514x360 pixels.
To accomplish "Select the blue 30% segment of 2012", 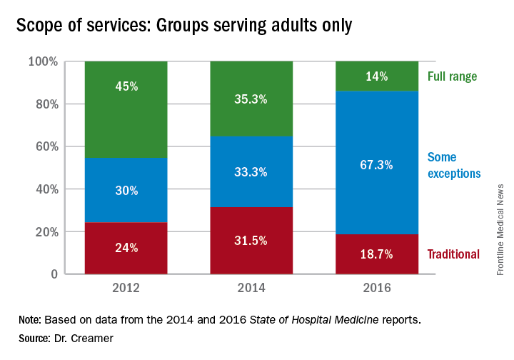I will click(x=126, y=190).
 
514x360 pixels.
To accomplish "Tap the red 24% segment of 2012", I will click(x=126, y=249).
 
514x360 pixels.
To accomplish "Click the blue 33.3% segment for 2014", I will click(x=251, y=171).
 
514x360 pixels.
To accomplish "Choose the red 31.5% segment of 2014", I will click(x=251, y=241).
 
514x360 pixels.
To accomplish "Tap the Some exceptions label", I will click(x=453, y=165).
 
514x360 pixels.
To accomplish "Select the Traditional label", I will click(x=453, y=254).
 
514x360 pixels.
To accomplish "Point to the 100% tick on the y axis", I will click(x=42, y=62).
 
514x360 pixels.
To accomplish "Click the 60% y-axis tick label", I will click(x=45, y=147).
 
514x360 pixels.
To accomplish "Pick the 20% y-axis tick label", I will click(x=45, y=232).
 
